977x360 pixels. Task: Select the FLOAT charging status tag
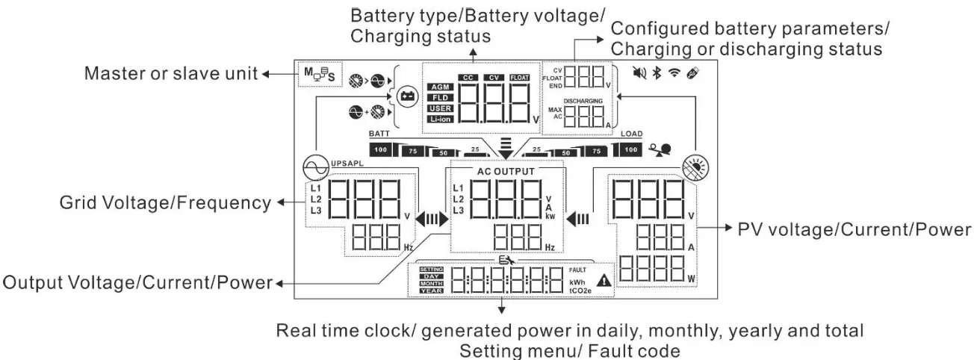click(519, 76)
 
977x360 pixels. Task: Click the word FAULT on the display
click(579, 270)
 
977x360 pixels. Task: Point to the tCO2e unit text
click(582, 291)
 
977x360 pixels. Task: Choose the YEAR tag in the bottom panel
click(432, 291)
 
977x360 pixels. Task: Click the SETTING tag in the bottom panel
click(432, 270)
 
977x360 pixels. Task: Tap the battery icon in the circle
click(407, 96)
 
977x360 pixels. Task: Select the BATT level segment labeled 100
click(382, 150)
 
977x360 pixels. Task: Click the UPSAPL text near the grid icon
click(345, 161)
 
